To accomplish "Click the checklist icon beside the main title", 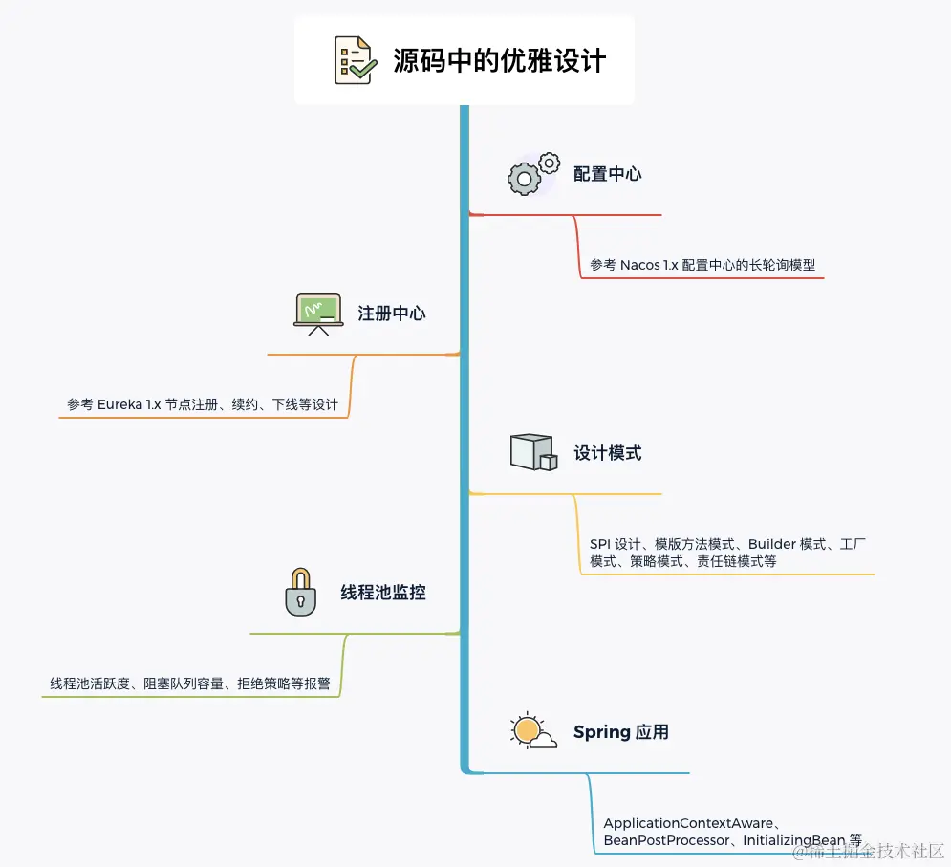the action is coord(353,59).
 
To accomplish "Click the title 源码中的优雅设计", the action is coord(500,60).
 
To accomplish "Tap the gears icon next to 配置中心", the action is coord(532,174).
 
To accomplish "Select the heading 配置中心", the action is coord(607,174).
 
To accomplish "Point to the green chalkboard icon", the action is coord(318,314).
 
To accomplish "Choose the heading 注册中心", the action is coord(392,314).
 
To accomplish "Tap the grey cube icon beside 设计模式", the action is coord(533,452).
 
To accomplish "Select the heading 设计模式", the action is coord(607,453).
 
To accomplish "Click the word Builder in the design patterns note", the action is coord(771,544).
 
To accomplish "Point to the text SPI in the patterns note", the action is coord(600,544).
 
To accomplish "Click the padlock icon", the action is coord(300,592).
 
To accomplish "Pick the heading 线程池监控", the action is coord(383,593).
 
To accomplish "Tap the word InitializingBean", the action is coord(794,840).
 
